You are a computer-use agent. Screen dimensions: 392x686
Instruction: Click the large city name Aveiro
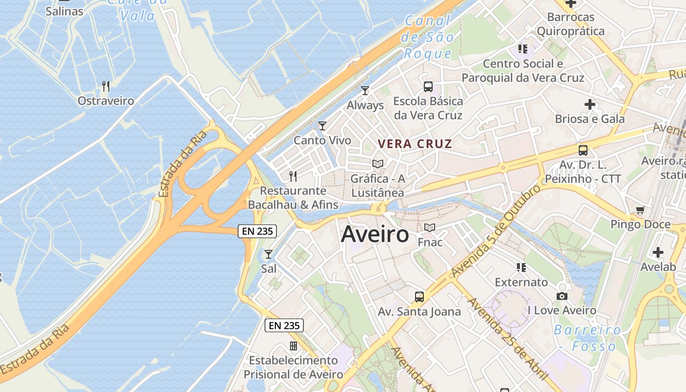pyautogui.click(x=375, y=234)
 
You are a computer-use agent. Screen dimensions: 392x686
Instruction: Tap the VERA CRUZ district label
pyautogui.click(x=415, y=144)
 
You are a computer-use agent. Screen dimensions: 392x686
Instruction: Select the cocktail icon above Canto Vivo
pyautogui.click(x=322, y=126)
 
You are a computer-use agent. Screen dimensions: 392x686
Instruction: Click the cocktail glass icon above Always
pyautogui.click(x=365, y=90)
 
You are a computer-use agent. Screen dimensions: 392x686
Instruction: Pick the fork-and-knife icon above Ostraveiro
pyautogui.click(x=106, y=87)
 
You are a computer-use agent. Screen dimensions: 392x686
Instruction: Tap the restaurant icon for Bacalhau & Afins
pyautogui.click(x=293, y=176)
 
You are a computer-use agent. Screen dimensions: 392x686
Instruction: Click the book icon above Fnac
pyautogui.click(x=430, y=227)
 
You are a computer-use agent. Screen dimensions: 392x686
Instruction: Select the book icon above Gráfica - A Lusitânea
pyautogui.click(x=378, y=164)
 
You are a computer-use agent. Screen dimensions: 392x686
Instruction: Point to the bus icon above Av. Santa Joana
pyautogui.click(x=419, y=296)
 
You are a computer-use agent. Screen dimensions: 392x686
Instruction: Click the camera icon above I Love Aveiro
pyautogui.click(x=562, y=296)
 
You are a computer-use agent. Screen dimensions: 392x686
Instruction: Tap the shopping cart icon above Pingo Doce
pyautogui.click(x=640, y=210)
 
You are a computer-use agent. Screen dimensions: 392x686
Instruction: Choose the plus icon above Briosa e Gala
pyautogui.click(x=590, y=104)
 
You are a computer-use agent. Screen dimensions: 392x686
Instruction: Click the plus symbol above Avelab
pyautogui.click(x=658, y=253)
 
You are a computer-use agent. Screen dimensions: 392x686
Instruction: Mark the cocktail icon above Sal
pyautogui.click(x=269, y=254)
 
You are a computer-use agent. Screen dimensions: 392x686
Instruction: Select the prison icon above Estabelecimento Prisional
pyautogui.click(x=294, y=346)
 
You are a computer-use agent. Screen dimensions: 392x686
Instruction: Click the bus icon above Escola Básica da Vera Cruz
pyautogui.click(x=428, y=87)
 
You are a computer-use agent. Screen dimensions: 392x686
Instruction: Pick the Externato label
pyautogui.click(x=521, y=282)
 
